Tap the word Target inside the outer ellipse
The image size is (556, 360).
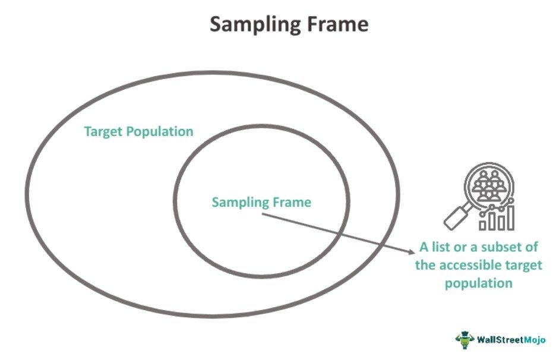click(104, 132)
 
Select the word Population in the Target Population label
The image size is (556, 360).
click(160, 132)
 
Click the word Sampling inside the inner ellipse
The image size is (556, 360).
click(235, 203)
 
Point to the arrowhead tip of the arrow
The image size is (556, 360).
click(415, 253)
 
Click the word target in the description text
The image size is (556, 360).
click(525, 266)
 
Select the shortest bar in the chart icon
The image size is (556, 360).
click(482, 225)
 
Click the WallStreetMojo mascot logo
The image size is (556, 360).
click(465, 340)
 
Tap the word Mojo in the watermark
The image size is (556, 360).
click(535, 340)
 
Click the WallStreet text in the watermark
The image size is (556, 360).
click(500, 340)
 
